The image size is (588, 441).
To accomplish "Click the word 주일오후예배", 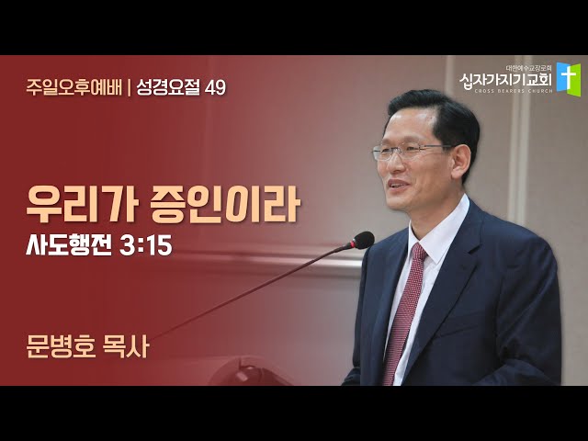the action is tap(73, 88).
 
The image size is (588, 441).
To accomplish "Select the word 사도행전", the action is tap(69, 245).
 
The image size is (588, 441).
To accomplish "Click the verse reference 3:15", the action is tap(146, 246).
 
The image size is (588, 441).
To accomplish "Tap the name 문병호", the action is tap(61, 346).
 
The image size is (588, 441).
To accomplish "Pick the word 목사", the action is tap(126, 346).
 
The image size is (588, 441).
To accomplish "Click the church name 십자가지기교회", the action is tap(505, 80).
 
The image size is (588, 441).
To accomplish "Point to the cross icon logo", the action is tap(569, 79).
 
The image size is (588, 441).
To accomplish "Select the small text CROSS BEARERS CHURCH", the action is tap(513, 91).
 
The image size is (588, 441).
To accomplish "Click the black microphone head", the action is tap(362, 240).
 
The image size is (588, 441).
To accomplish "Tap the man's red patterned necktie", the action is tap(404, 312).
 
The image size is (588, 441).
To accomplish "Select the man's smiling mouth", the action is tap(397, 185).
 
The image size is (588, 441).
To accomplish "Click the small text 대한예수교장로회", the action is tap(529, 69).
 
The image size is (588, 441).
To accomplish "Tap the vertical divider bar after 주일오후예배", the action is tap(129, 88).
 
